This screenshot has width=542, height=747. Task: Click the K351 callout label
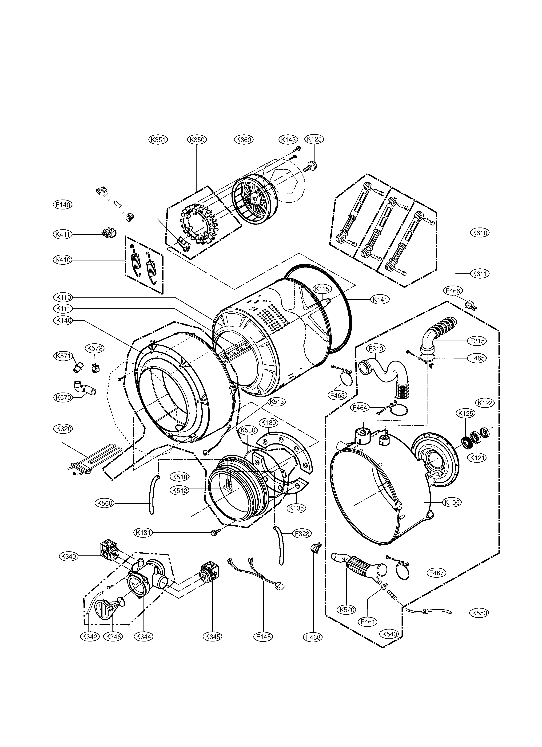157,140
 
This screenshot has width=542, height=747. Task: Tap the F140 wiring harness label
62,205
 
